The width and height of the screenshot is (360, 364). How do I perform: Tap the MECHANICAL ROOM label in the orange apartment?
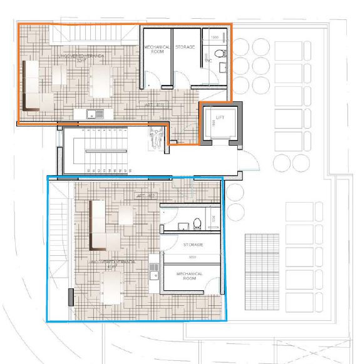(153, 50)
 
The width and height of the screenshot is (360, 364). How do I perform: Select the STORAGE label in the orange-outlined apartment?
(186, 47)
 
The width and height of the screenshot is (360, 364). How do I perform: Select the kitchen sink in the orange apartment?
(92, 114)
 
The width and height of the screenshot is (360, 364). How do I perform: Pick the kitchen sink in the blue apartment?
(153, 270)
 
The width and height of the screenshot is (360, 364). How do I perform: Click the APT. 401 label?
(154, 104)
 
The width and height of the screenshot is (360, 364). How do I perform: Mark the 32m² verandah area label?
(81, 62)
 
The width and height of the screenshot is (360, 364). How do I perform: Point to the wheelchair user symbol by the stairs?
(153, 131)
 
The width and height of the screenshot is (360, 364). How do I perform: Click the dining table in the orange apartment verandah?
(103, 80)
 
